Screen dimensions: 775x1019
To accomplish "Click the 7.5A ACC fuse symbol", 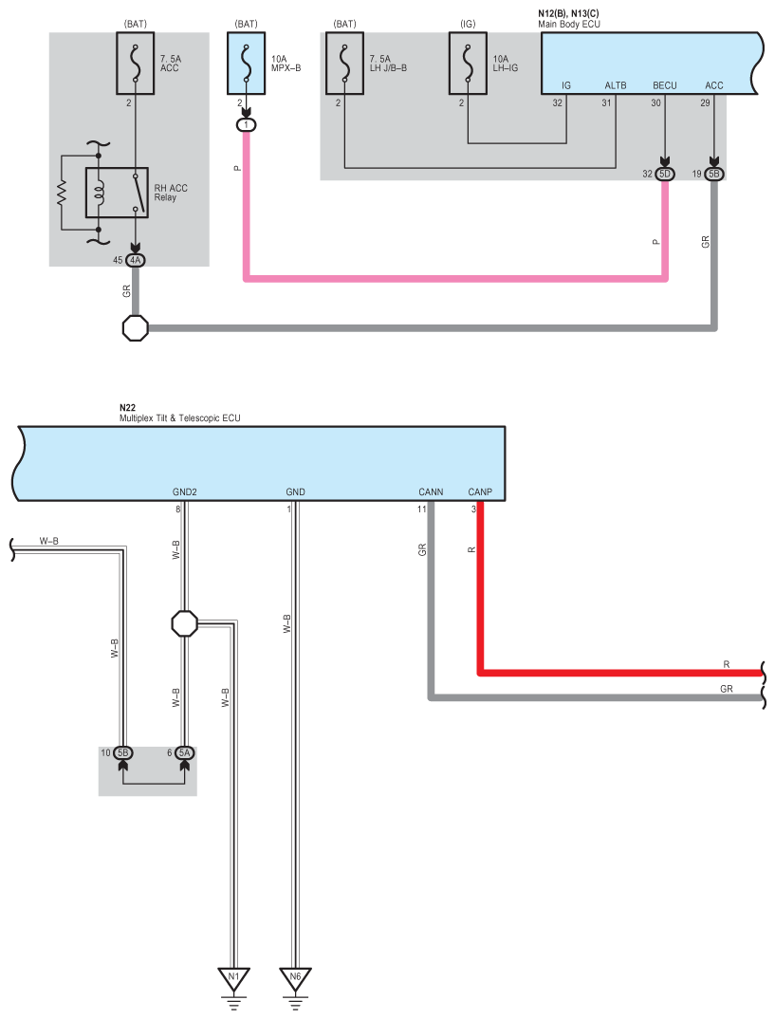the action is [135, 64].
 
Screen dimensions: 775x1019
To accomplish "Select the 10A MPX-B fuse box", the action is [247, 64].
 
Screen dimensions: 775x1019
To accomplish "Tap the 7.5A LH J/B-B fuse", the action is [344, 64].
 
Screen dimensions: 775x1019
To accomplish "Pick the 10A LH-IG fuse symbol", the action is [468, 64].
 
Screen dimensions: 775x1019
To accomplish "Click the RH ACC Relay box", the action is [117, 193].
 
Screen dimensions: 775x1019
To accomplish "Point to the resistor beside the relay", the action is [62, 193].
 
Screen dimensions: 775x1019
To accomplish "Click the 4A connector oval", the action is [135, 260].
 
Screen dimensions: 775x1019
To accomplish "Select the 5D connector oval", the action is [665, 175].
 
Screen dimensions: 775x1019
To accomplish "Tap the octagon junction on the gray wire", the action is [135, 328].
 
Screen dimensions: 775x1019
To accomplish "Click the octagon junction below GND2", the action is [184, 624].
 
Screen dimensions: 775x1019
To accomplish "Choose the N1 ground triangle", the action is [234, 979].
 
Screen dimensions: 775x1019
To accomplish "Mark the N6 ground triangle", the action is [296, 979].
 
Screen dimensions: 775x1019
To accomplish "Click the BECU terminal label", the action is [665, 85].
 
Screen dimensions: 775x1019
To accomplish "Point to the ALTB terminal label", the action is [616, 85].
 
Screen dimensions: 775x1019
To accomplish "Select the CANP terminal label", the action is [480, 492].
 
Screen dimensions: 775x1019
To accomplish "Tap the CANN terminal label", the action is [431, 492].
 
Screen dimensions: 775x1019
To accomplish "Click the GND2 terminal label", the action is [184, 492].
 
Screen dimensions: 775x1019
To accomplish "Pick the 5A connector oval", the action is [184, 752].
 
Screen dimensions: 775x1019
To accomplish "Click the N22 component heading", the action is [127, 408].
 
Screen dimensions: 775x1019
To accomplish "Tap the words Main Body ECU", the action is [569, 24].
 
